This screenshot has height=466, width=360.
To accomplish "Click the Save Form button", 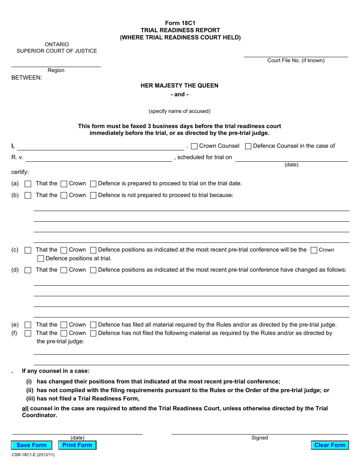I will coord(31,445).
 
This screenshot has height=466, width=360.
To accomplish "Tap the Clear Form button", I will coord(330,445).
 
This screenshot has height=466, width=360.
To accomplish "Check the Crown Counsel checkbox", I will coord(194,146).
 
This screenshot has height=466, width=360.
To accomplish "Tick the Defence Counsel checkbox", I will coord(248,146).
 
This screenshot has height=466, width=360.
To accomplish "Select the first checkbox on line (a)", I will coord(28,184).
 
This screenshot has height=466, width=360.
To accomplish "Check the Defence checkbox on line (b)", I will coord(93,195).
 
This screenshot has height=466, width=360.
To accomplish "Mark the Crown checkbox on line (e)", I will coord(64,325).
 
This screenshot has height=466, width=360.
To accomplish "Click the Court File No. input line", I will coord(296,54).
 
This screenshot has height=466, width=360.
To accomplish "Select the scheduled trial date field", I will coord(291,158).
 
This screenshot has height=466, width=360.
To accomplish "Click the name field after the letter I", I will coord(100,147).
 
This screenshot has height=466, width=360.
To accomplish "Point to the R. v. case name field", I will coord(99,158).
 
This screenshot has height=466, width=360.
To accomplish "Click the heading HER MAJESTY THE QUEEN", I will coord(180,86).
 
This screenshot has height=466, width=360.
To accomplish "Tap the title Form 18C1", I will coord(180,23).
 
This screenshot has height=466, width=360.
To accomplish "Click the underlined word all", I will coord(25,408).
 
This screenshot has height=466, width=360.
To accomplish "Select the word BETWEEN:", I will coord(27,78).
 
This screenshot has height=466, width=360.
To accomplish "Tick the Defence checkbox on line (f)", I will coord(93,333).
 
